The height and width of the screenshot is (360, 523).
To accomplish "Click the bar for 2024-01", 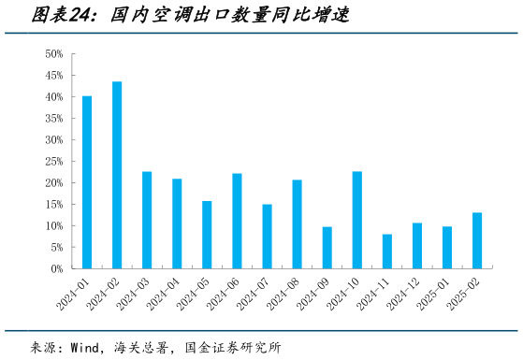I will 87,182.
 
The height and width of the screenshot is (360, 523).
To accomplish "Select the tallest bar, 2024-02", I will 117,175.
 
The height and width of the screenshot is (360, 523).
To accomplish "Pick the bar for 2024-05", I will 207,235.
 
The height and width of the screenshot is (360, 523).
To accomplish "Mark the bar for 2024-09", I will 327,248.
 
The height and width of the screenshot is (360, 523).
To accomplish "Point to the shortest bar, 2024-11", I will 387,252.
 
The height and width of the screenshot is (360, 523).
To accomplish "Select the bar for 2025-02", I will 477,240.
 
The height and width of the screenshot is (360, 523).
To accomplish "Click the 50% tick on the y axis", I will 52,54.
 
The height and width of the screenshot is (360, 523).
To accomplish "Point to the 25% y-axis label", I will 52,162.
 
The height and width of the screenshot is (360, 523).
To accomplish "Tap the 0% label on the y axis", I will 55,269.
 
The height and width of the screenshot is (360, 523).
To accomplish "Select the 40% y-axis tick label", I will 52,97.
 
